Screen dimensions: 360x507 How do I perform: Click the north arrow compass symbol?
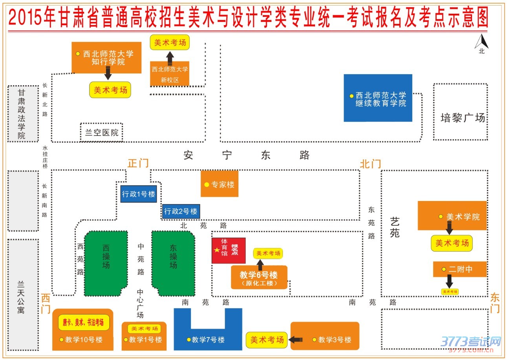[481, 42]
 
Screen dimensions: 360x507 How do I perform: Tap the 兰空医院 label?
[102, 132]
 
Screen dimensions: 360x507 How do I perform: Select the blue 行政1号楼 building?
[139, 194]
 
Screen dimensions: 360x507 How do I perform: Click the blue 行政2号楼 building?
[181, 211]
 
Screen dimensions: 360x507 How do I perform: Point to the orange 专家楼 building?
[219, 184]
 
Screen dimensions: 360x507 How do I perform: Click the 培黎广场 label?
[462, 118]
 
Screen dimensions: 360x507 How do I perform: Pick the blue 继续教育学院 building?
[378, 98]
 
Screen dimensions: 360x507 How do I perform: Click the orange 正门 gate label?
[138, 163]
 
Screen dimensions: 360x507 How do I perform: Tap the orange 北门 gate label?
[370, 164]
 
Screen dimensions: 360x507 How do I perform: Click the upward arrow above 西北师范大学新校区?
[170, 58]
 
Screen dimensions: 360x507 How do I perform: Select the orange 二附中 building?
[459, 269]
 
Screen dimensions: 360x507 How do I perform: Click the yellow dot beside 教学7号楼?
[189, 340]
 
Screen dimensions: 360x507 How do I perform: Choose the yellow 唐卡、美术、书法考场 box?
[84, 322]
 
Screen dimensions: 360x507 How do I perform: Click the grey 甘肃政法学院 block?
[23, 114]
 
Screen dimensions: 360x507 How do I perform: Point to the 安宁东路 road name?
[247, 155]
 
